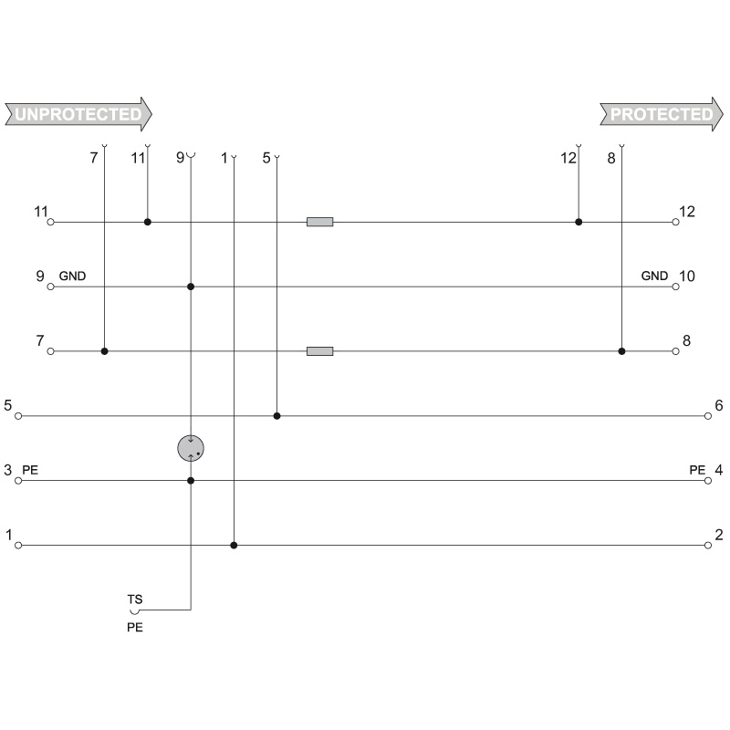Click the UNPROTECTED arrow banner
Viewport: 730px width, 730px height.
click(78, 114)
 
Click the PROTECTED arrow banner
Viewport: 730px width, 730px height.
click(662, 114)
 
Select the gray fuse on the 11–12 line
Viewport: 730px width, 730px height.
click(320, 222)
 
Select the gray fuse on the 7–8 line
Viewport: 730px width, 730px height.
click(320, 351)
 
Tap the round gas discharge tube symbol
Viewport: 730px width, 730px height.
click(191, 448)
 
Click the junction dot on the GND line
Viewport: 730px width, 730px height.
click(191, 287)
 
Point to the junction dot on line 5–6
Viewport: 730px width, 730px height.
click(277, 416)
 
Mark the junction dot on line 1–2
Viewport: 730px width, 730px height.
click(234, 545)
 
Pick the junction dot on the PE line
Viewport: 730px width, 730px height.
click(191, 481)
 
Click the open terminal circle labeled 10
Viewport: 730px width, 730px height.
click(675, 287)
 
